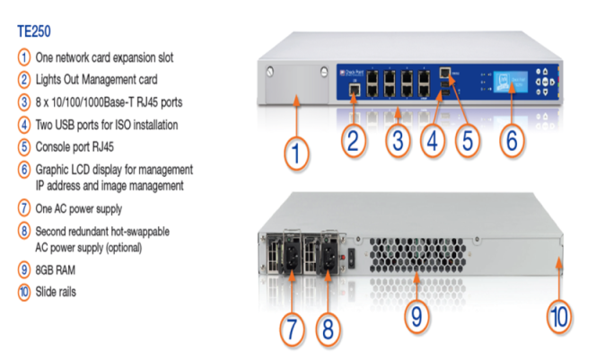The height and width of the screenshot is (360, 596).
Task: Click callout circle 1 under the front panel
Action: [x=296, y=153]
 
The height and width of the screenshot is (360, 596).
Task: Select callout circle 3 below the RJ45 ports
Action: [x=398, y=139]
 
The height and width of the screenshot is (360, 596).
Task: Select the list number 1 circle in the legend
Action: [x=24, y=57]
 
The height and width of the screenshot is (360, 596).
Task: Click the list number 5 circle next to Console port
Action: [x=24, y=146]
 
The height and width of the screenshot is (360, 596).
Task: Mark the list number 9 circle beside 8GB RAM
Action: [x=24, y=268]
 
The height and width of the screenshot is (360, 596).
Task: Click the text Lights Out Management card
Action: [x=98, y=80]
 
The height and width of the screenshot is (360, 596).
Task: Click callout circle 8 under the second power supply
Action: [x=329, y=329]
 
